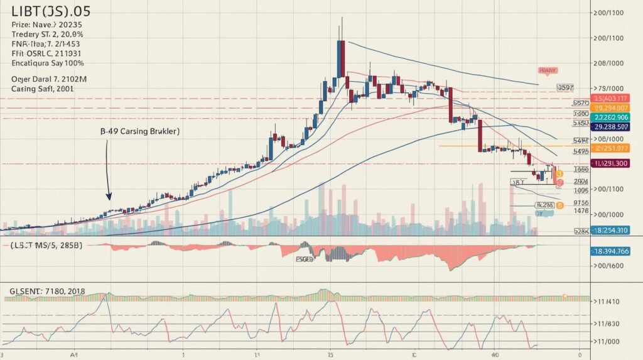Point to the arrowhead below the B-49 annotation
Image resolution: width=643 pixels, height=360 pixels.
[109, 196]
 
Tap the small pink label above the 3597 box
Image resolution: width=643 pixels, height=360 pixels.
[548, 71]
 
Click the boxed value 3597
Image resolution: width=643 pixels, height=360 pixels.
[565, 88]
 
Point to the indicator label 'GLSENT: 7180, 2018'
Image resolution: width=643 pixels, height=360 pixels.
[47, 292]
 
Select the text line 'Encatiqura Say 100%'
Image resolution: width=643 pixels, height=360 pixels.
[48, 63]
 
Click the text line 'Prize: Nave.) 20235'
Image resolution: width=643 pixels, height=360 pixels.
[47, 25]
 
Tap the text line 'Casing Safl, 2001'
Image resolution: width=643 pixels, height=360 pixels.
[43, 89]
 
